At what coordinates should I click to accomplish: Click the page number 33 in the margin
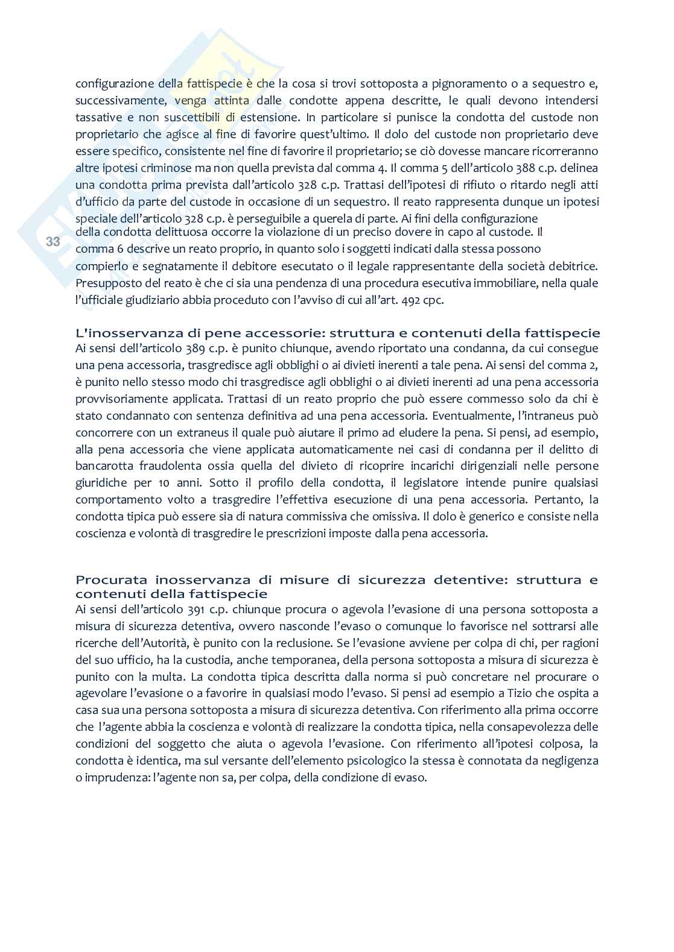53,242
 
